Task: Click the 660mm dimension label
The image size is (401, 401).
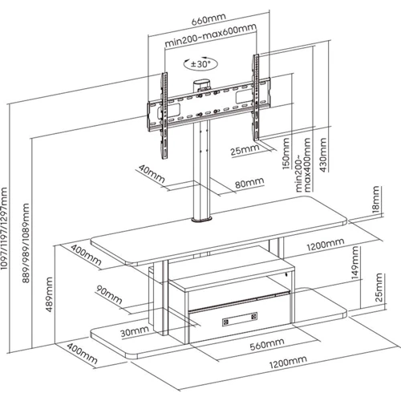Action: tap(209, 18)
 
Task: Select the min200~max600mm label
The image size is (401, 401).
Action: tap(211, 35)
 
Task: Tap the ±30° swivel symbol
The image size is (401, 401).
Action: tap(200, 64)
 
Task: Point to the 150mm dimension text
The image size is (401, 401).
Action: tap(286, 153)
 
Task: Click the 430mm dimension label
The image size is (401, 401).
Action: tap(323, 155)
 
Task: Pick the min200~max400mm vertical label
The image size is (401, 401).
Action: tap(304, 165)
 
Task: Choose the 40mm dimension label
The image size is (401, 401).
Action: tap(152, 173)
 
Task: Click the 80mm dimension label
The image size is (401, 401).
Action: tap(249, 183)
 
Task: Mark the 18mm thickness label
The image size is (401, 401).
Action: tap(375, 199)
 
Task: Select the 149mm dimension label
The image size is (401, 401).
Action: tap(354, 263)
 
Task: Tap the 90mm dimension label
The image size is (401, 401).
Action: tap(109, 294)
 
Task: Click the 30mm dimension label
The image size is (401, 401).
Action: tap(135, 331)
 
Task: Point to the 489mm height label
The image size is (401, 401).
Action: tap(50, 294)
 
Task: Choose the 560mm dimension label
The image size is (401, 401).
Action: tap(267, 344)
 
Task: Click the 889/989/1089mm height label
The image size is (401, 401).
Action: tap(26, 243)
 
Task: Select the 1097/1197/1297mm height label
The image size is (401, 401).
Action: tap(4, 229)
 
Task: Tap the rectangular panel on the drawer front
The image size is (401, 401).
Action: tap(240, 319)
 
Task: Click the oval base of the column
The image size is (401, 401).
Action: tap(201, 220)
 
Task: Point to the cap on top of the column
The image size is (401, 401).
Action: tap(201, 83)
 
